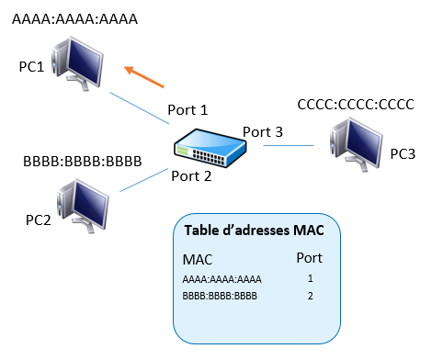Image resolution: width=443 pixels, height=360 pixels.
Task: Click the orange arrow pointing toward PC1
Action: [144, 76]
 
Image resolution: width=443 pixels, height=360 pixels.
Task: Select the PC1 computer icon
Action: [77, 63]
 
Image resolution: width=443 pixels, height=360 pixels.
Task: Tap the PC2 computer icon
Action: [83, 206]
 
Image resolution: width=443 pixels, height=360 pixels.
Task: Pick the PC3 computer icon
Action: [356, 144]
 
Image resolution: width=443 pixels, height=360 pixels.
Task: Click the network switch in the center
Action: [210, 148]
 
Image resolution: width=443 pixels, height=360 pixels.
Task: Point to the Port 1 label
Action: [187, 110]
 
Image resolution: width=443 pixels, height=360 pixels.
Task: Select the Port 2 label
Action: [191, 176]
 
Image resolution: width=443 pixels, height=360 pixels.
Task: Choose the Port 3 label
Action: [263, 132]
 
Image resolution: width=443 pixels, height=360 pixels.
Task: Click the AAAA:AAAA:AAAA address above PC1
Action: [74, 19]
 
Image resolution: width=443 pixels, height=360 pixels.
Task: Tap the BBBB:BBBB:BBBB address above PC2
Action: [83, 162]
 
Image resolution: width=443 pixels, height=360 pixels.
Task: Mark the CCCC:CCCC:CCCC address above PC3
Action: [356, 105]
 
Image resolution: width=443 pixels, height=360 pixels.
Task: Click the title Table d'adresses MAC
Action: [255, 231]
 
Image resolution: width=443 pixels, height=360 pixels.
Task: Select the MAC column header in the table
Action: [198, 260]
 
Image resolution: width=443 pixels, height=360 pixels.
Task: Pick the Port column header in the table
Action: [310, 258]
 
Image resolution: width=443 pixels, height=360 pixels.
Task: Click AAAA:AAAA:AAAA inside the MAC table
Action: [221, 279]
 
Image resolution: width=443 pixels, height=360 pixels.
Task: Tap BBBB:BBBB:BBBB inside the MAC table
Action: [220, 296]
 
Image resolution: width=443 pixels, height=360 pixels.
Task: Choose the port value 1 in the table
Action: [311, 278]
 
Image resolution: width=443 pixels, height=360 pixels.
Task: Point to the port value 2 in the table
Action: [311, 296]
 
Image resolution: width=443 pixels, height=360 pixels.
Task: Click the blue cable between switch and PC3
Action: [289, 145]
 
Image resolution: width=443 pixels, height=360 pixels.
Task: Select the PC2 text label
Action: [39, 220]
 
